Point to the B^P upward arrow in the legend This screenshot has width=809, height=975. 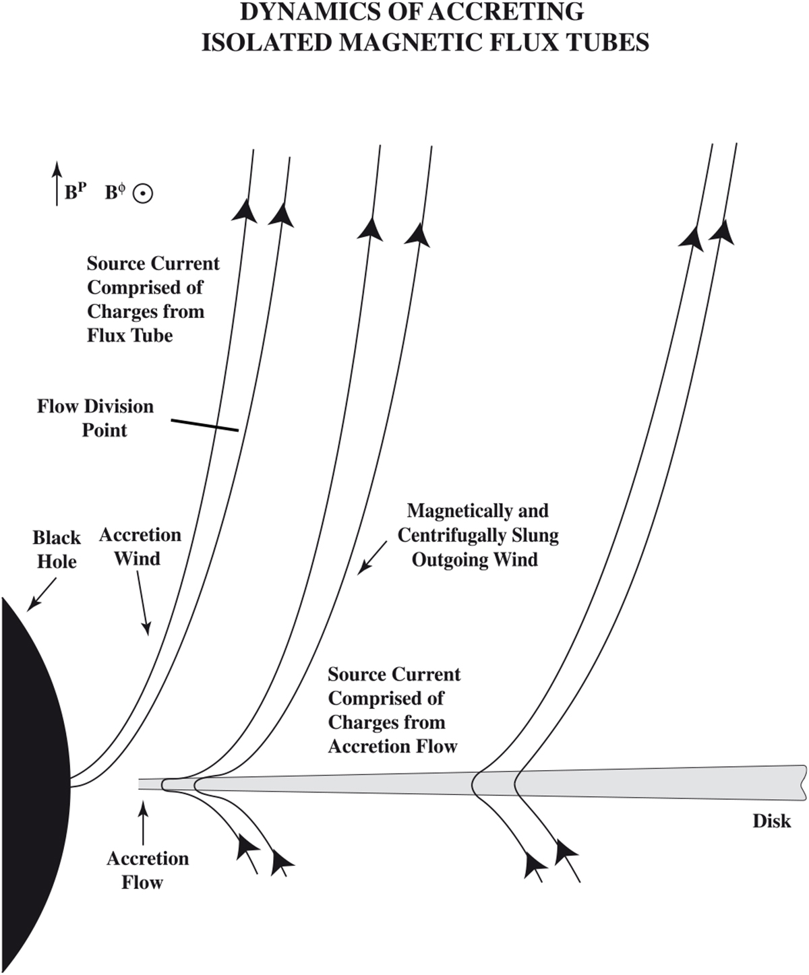pos(57,183)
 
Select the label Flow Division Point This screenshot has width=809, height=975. pos(95,418)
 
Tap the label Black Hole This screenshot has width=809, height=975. pos(57,550)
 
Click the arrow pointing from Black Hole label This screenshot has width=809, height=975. pos(41,594)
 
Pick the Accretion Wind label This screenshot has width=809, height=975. pos(140,546)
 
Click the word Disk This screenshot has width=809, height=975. pos(772,821)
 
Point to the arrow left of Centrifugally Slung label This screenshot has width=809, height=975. pos(373,557)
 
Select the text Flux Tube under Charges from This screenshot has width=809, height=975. pos(130,336)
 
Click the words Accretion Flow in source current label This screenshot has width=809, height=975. pos(392,747)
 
